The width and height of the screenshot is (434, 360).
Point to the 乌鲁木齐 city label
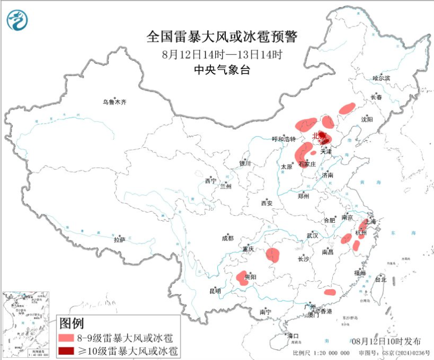coord(114,101)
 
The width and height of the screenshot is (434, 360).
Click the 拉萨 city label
coord(119,239)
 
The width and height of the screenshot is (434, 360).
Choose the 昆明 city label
coord(215,290)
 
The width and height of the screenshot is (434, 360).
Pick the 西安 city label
coord(266,203)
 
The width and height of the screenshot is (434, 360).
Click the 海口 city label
coord(292,336)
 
